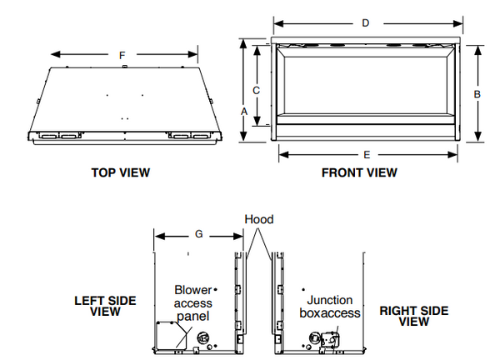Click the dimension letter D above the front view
click(366, 23)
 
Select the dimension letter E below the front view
click(367, 155)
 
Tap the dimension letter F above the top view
click(122, 56)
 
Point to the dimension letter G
click(198, 234)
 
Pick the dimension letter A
click(244, 112)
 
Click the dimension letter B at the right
click(477, 94)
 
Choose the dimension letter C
click(256, 91)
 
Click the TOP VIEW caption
click(121, 172)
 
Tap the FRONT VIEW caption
click(359, 172)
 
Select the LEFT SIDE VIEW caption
click(105, 306)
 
